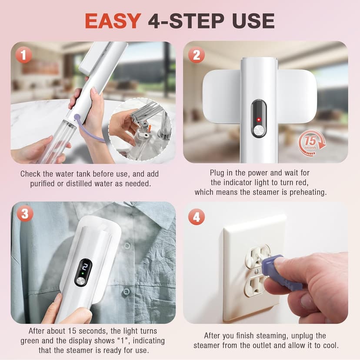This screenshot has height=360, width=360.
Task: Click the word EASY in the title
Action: pos(113,21)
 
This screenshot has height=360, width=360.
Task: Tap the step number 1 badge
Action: pos(24,55)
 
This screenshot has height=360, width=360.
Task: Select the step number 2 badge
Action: pos(197,55)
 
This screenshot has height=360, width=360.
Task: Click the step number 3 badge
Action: pos(25,213)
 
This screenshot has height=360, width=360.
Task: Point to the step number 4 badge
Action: pos(197,217)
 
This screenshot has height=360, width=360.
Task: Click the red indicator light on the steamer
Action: pos(259,120)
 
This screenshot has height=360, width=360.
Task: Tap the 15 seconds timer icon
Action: pos(312,142)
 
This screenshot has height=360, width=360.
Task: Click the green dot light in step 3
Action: pos(83,273)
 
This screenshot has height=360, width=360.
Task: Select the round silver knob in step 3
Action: pos(80,281)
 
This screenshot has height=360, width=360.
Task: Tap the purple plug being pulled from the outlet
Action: pos(282,273)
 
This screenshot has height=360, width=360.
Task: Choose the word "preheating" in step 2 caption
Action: pos(308,192)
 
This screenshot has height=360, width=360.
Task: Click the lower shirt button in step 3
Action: pos(126,292)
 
